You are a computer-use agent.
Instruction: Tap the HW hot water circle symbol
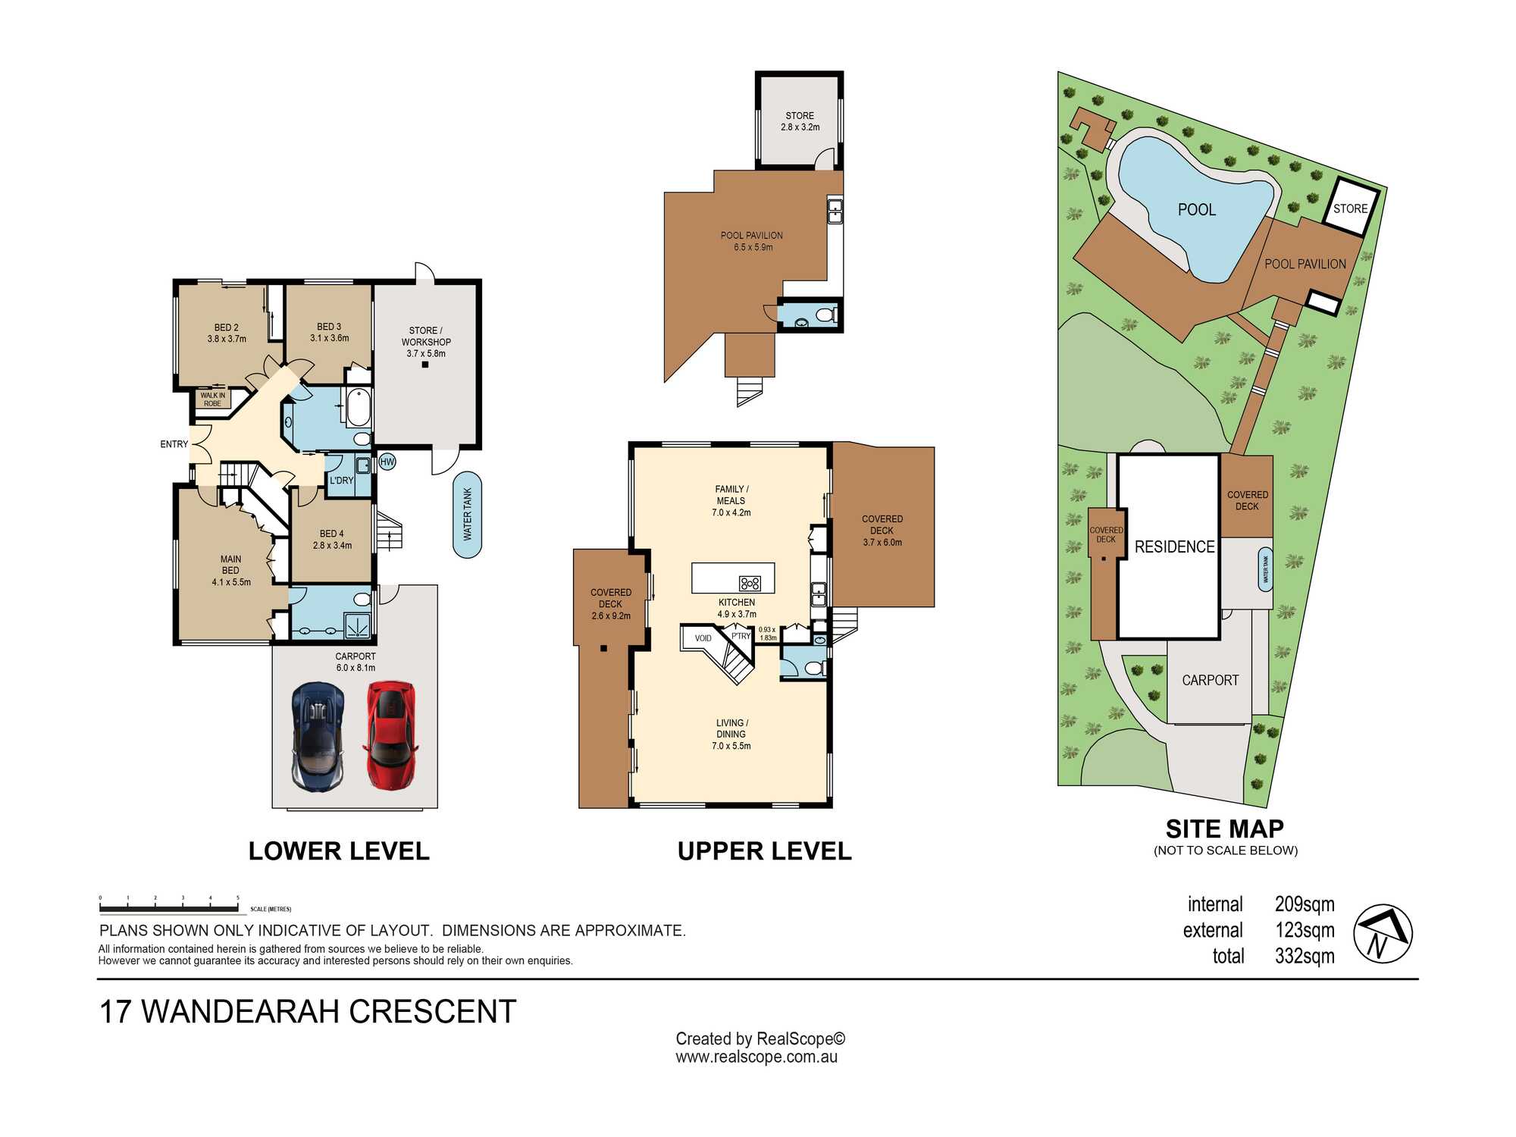[387, 462]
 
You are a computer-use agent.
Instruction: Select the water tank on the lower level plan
[468, 515]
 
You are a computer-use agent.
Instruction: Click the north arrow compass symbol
[1383, 933]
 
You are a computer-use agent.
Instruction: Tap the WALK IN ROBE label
[212, 399]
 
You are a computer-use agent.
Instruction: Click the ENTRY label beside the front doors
[174, 444]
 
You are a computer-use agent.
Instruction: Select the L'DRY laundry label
[342, 481]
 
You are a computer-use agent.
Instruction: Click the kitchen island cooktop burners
[750, 583]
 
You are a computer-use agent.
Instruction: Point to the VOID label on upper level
[703, 638]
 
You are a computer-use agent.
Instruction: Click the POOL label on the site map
[1197, 210]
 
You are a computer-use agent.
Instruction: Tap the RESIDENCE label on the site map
[1174, 547]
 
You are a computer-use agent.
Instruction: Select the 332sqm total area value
[1305, 956]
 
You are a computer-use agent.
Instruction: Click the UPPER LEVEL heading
[764, 851]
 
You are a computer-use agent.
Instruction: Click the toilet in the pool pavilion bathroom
[825, 314]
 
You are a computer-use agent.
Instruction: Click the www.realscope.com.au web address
[756, 1057]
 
